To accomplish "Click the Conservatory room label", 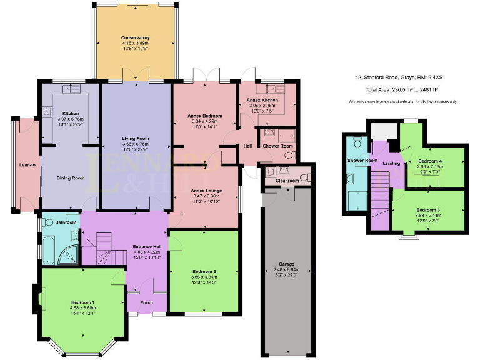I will pos(136,38).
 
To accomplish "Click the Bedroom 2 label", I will pos(204,271).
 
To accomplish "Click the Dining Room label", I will pos(70,178).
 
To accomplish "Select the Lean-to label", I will pos(26,165).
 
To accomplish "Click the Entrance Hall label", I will pos(147,246).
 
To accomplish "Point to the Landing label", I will pos(392,164).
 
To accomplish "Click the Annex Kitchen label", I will pos(262,100).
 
